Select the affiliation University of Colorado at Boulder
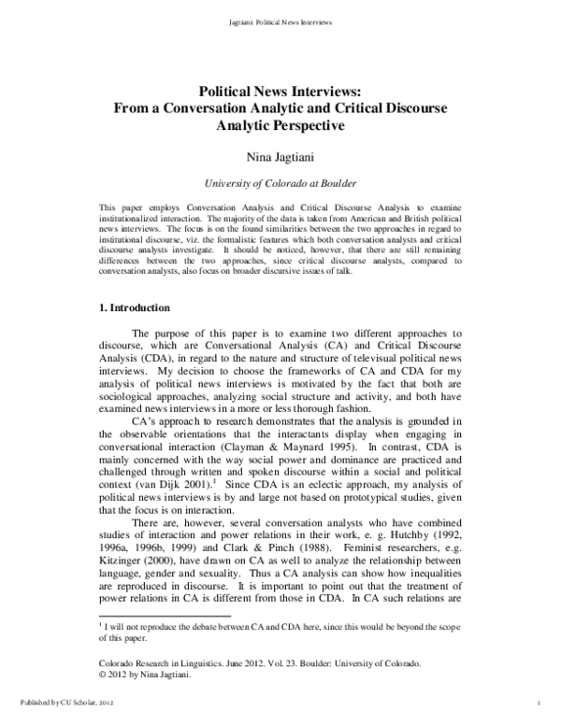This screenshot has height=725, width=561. (x=281, y=184)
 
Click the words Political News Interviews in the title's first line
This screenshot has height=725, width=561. (x=281, y=92)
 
